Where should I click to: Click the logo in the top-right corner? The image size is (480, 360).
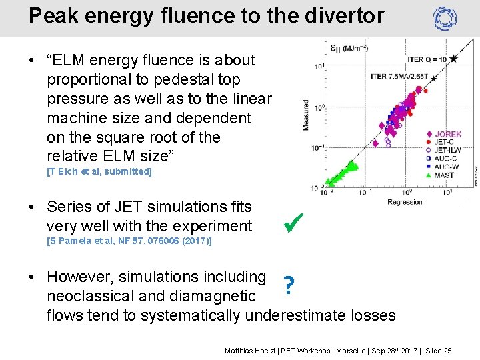click(445, 19)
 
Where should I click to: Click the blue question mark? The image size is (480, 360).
click(288, 286)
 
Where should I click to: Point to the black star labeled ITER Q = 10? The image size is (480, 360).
click(453, 59)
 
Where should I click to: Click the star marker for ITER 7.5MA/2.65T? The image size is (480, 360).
click(433, 79)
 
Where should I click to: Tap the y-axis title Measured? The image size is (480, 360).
click(306, 115)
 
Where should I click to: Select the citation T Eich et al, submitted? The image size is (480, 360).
click(99, 171)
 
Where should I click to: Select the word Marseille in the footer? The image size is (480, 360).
click(351, 350)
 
